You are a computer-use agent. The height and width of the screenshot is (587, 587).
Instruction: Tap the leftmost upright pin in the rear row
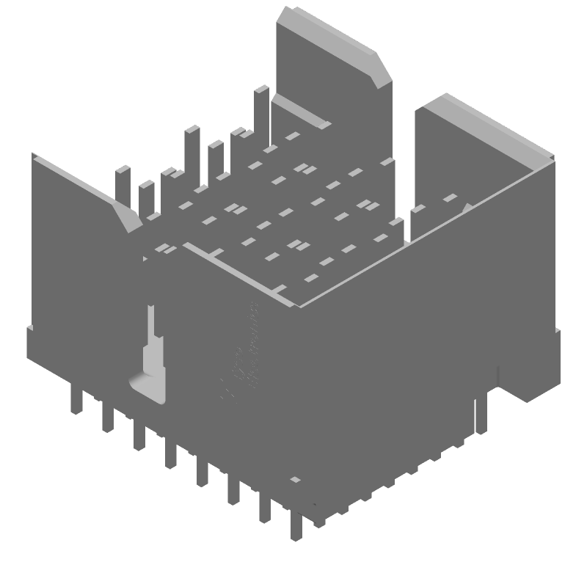(x=122, y=187)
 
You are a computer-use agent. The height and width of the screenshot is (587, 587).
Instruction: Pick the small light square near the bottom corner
(x=295, y=480)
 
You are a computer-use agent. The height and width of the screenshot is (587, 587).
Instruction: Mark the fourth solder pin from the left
(x=170, y=453)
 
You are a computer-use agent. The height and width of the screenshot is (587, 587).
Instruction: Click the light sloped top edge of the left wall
(x=73, y=176)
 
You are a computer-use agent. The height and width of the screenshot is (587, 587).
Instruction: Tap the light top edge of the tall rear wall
(x=330, y=29)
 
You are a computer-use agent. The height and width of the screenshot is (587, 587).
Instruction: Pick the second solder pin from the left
(x=107, y=418)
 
